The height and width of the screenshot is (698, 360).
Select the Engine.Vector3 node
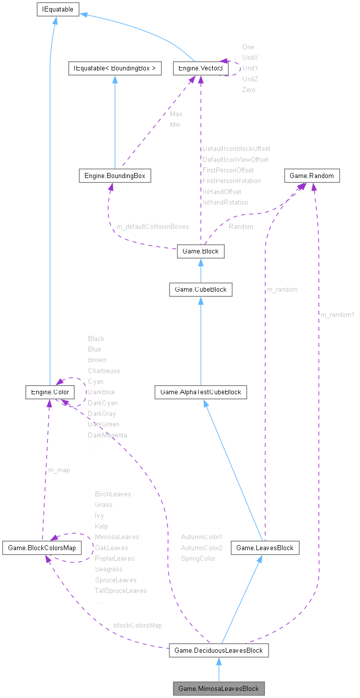click(198, 68)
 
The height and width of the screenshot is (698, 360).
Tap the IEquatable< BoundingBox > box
click(115, 68)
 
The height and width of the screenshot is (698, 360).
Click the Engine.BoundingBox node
click(115, 176)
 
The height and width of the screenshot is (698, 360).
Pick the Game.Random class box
click(312, 176)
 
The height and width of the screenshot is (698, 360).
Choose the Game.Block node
click(200, 251)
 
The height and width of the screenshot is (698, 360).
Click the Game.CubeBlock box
click(201, 290)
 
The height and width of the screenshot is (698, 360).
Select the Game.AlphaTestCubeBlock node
click(201, 392)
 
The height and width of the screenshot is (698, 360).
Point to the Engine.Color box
click(50, 392)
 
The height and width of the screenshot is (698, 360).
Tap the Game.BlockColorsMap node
click(42, 548)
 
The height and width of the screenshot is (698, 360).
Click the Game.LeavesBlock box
click(265, 548)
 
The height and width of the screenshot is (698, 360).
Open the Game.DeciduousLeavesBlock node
click(218, 650)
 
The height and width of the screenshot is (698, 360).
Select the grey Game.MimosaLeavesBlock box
click(218, 688)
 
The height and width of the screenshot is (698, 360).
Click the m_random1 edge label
click(337, 315)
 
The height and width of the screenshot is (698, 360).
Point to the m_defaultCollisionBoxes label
click(153, 227)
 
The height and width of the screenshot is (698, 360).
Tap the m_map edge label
click(59, 470)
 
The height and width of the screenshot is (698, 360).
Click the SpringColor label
click(198, 559)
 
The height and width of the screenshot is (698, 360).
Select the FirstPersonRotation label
click(232, 181)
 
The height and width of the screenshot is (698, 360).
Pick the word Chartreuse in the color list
click(104, 371)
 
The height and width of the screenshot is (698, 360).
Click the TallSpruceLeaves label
click(121, 591)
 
